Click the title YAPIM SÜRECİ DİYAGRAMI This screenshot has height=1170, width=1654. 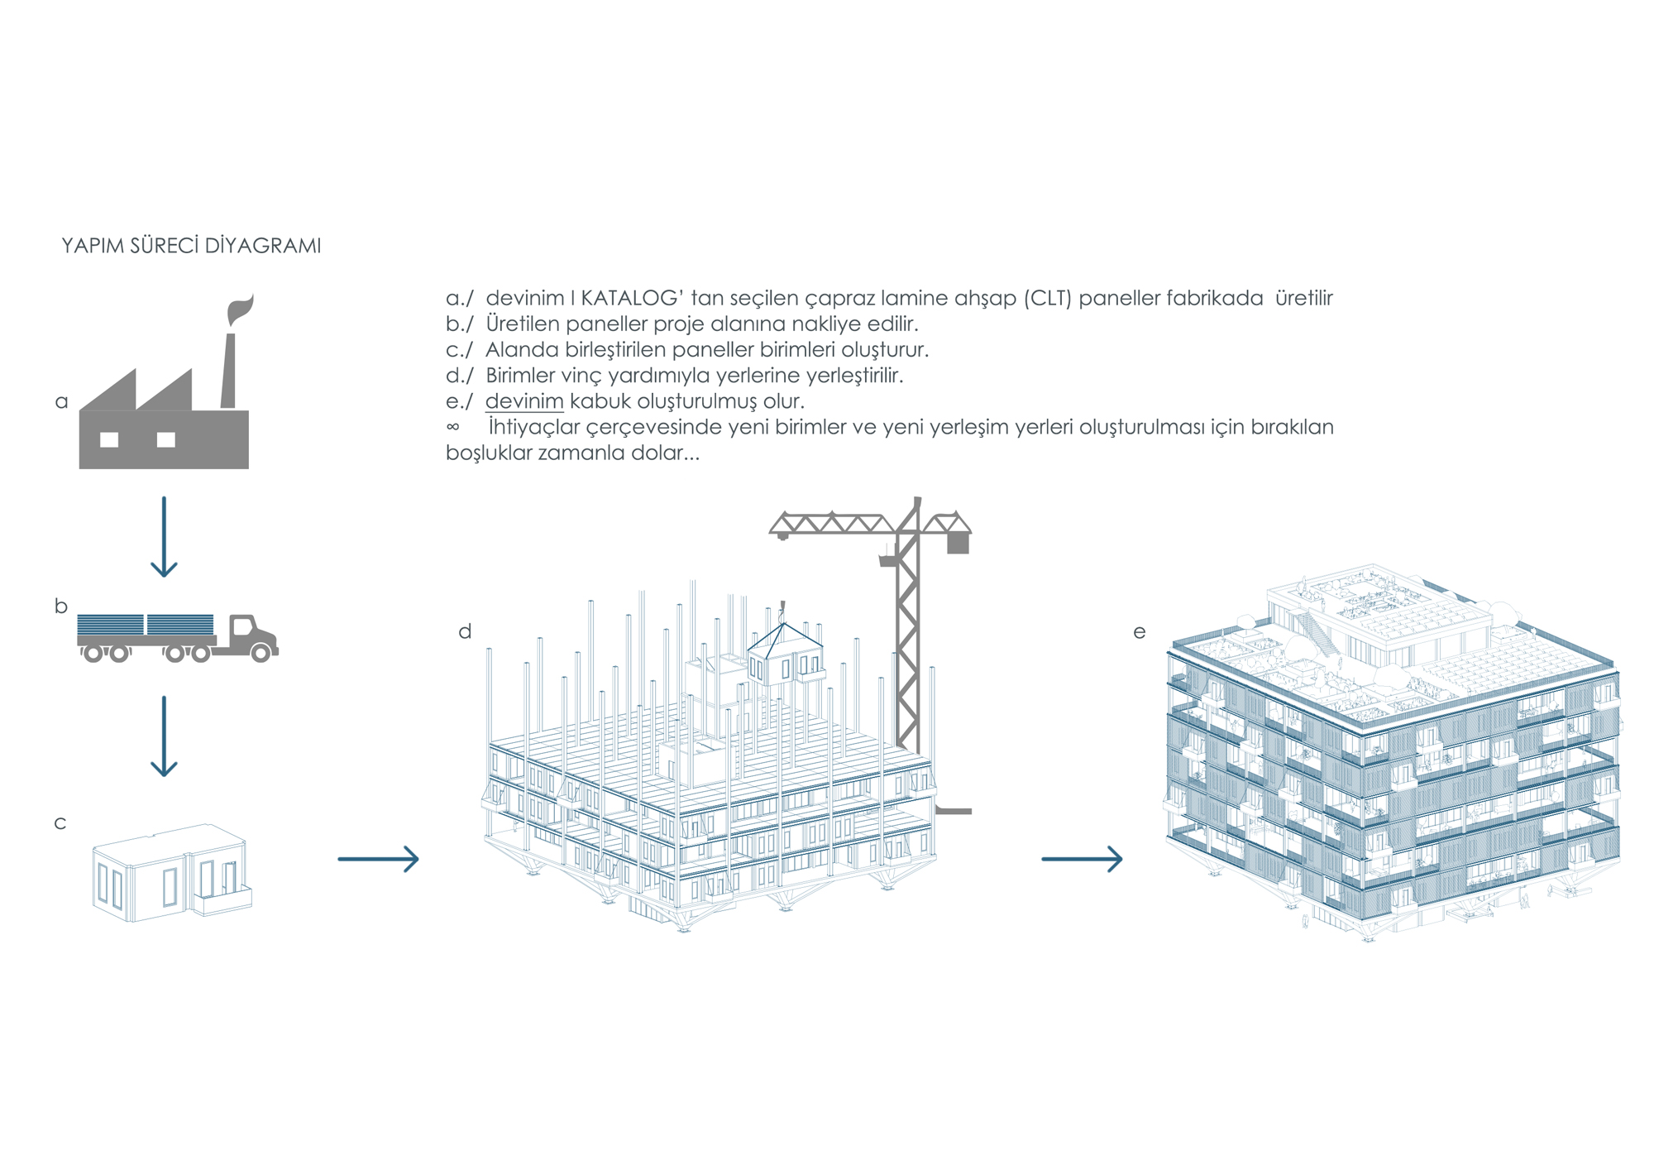[x=191, y=246]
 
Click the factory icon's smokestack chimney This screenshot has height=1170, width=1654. [x=229, y=371]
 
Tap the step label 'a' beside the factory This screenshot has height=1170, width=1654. [x=61, y=402]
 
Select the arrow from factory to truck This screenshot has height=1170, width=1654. [x=164, y=536]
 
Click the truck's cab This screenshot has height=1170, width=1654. [x=253, y=636]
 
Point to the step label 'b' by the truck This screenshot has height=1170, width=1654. [x=61, y=606]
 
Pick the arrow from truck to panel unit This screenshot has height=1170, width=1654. [x=164, y=736]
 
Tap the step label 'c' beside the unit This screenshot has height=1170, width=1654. [x=60, y=823]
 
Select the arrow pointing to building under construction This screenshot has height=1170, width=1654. [x=379, y=859]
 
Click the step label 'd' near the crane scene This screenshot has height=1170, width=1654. [x=465, y=631]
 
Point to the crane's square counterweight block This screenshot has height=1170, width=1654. [x=958, y=543]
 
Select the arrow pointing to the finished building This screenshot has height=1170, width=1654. [x=1082, y=859]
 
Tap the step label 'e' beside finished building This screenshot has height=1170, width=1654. [x=1140, y=632]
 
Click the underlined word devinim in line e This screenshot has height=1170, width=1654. [x=524, y=401]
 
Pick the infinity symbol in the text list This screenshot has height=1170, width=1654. [x=452, y=427]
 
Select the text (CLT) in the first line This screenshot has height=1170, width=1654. [x=1048, y=298]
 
